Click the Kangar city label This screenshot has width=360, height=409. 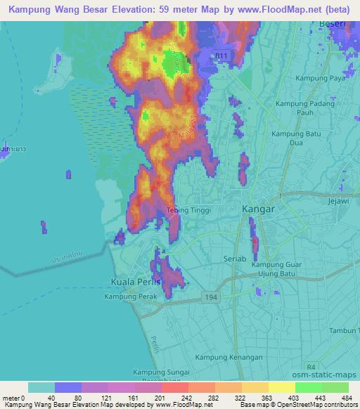[257, 209]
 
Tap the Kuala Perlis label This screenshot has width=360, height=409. [136, 282]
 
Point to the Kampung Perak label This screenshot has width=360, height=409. [130, 297]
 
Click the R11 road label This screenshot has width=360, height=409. [222, 55]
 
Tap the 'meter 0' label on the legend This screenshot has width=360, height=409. [12, 398]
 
